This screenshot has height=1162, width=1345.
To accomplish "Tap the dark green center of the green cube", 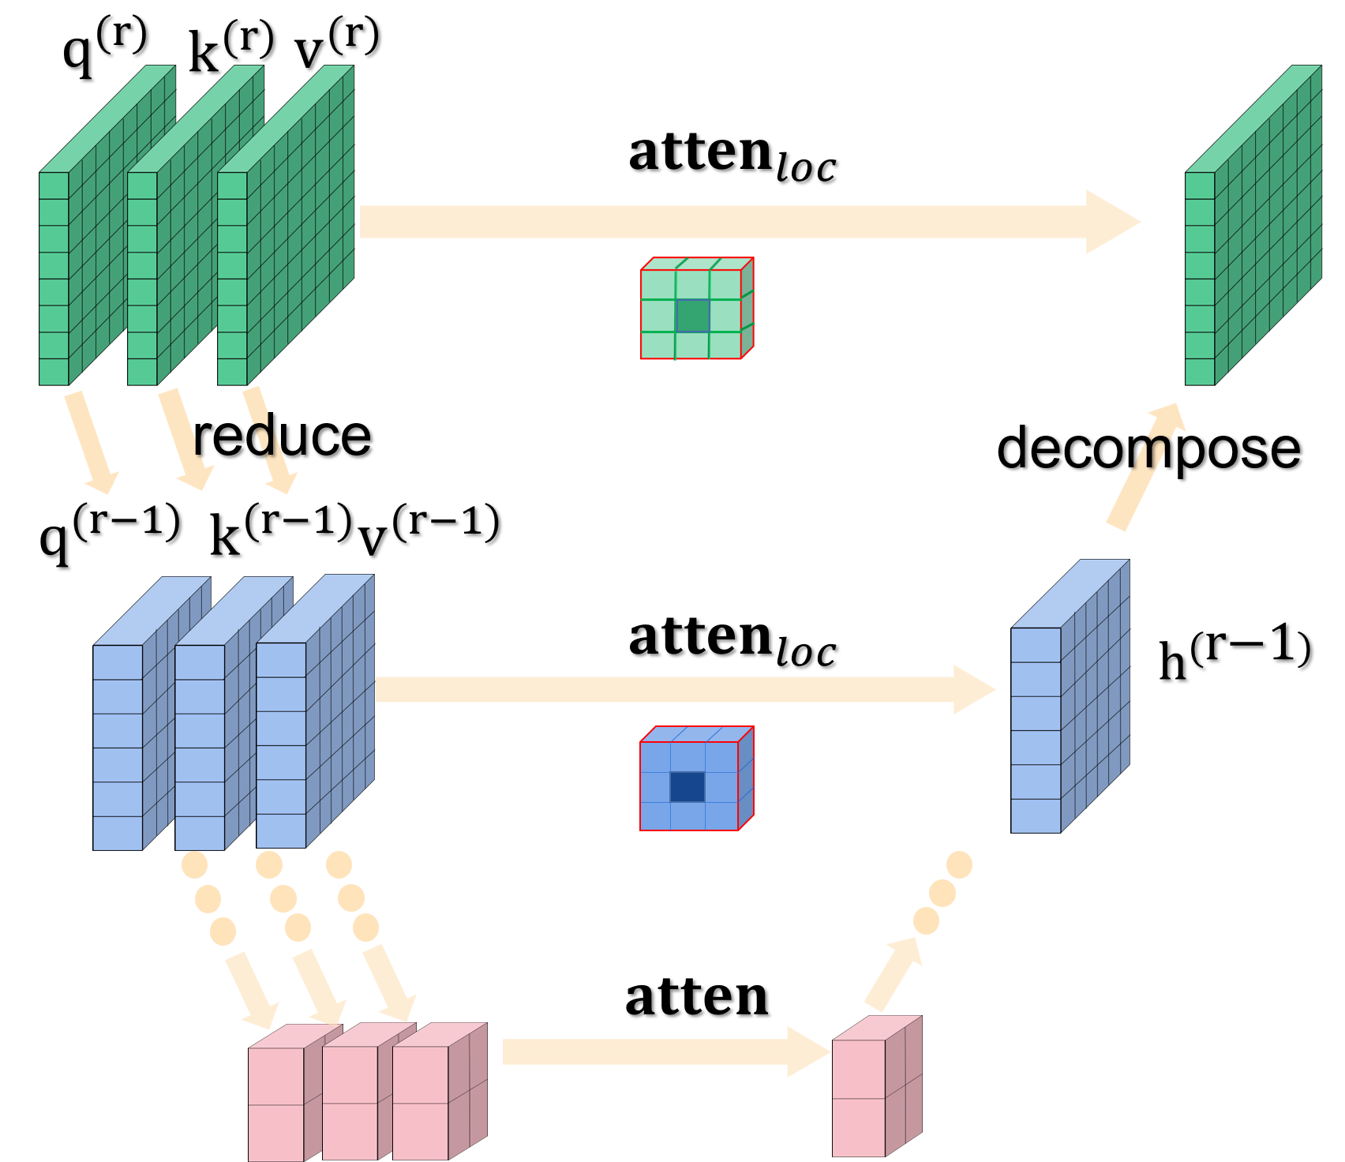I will click(x=693, y=316).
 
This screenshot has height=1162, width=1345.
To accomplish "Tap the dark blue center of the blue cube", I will click(x=687, y=787).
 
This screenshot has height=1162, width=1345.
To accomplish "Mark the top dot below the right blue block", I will click(x=959, y=864).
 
